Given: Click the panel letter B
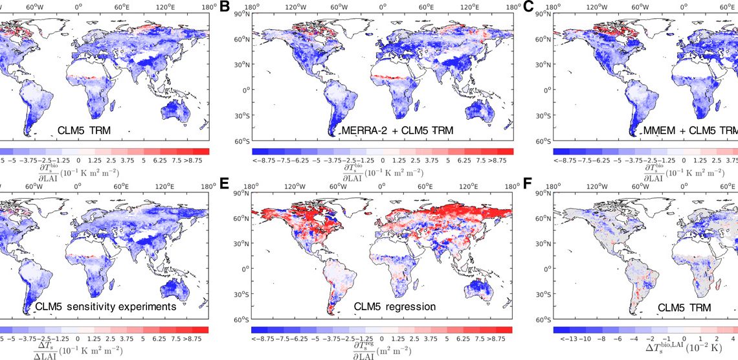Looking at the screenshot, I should (225, 8).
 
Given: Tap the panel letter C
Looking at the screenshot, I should (528, 8).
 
